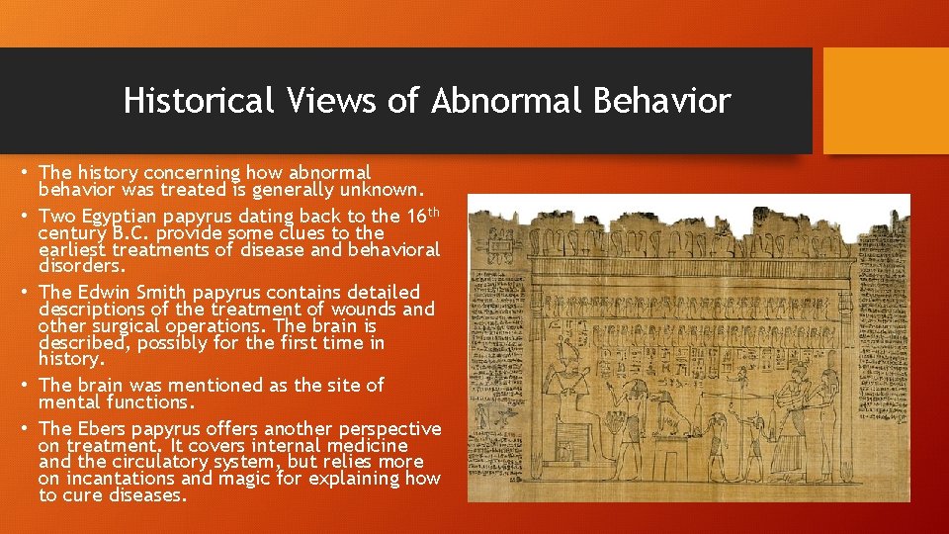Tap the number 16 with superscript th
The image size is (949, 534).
(420, 215)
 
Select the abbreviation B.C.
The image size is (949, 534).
(127, 233)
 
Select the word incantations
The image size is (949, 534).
(122, 479)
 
